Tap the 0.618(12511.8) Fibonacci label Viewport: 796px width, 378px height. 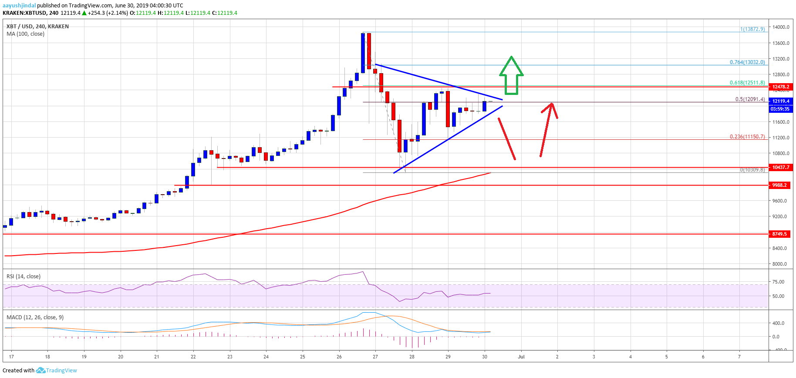(747, 83)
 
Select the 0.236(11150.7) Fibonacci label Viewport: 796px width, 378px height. (747, 137)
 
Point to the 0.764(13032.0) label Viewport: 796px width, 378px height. (747, 62)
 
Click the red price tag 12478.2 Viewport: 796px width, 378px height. (781, 87)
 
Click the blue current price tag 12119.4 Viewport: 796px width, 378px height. (781, 101)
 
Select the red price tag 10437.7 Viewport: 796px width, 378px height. (781, 167)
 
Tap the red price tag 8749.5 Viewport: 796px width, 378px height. (781, 234)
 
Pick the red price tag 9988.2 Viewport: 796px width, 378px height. (781, 185)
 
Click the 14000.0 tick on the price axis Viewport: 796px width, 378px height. (781, 27)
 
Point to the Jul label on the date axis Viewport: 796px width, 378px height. (521, 357)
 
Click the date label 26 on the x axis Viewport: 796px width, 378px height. (339, 357)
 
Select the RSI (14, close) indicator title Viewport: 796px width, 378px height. (24, 277)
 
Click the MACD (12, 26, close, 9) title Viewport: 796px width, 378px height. (35, 317)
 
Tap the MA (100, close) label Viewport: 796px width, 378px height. (25, 34)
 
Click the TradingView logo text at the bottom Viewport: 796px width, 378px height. (61, 371)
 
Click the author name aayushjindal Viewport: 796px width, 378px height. (19, 6)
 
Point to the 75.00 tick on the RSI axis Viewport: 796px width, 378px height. (778, 282)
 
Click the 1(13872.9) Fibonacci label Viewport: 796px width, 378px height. (752, 29)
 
